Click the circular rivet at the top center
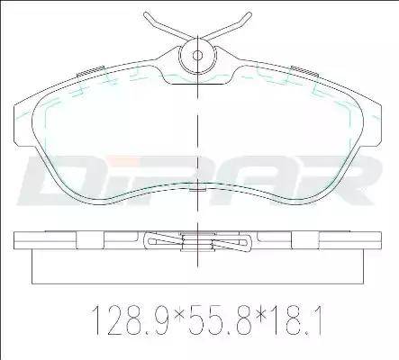pyautogui.click(x=195, y=56)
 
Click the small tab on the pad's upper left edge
pyautogui.click(x=88, y=72)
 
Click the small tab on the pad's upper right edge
pyautogui.click(x=303, y=72)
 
